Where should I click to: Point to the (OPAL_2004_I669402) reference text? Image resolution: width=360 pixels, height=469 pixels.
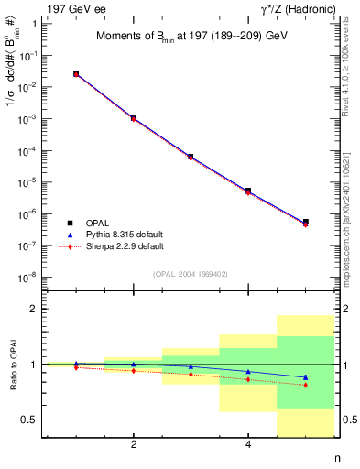coord(190,273)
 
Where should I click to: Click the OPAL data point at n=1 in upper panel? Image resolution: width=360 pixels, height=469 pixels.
coord(76,74)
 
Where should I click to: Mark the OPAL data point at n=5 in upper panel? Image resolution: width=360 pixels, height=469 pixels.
coord(306,222)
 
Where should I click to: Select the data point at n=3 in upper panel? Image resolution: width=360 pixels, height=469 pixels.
coord(191,157)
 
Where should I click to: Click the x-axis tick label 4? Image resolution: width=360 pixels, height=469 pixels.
coord(248,445)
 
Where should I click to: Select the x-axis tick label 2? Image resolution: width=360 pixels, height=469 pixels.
coord(134,445)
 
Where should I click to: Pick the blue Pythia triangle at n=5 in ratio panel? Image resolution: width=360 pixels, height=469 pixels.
coord(306,377)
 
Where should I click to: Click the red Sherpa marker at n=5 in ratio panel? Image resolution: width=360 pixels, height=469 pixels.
coord(306,385)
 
